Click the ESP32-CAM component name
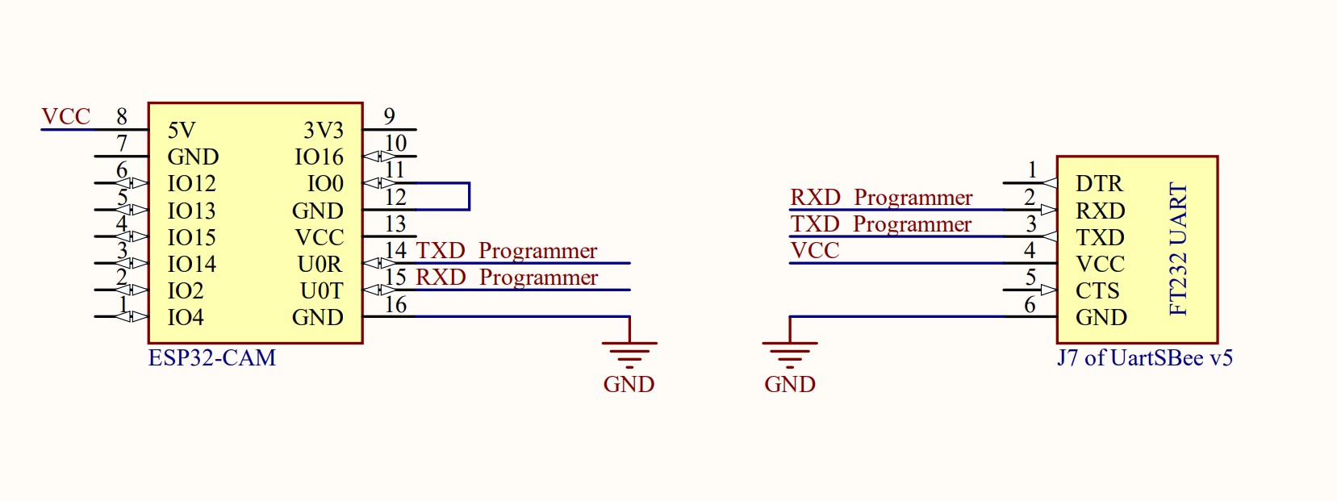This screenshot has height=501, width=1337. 211,357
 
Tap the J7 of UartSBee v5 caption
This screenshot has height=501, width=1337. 1144,357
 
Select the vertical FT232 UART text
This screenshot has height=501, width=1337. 1179,248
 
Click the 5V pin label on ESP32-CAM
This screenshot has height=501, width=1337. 182,131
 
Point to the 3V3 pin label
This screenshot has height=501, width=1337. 324,131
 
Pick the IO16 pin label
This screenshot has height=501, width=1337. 319,157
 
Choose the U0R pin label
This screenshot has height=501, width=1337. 320,265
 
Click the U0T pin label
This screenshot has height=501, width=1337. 321,291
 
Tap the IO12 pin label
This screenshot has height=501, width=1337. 191,184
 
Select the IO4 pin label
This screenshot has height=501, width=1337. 185,318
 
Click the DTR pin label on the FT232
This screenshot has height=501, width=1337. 1099,184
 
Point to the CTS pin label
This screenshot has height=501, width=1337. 1097,291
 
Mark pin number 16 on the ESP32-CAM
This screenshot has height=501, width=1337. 395,305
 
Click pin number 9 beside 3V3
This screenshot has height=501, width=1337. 390,117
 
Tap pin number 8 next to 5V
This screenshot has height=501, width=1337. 122,117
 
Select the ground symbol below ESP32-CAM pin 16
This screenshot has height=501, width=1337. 629,353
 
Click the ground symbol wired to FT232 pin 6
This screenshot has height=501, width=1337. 790,353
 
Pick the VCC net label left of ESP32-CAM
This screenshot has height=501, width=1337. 65,117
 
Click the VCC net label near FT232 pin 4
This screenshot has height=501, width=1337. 815,251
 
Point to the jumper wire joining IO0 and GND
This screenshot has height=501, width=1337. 469,197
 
